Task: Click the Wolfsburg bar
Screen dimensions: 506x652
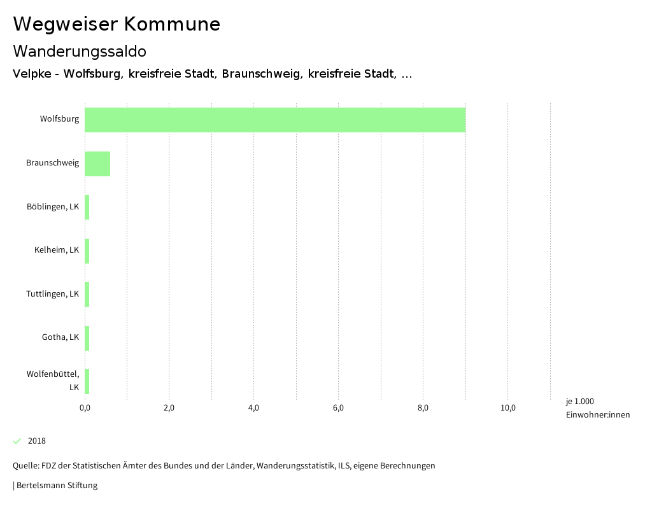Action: pos(275,120)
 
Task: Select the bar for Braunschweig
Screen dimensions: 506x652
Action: pos(97,164)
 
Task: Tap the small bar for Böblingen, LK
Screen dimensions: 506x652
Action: pos(87,207)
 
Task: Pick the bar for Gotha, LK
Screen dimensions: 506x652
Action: pos(87,338)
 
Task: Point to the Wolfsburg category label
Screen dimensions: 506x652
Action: pos(59,119)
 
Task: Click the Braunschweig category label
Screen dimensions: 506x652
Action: pos(53,163)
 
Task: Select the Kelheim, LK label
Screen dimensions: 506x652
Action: pos(57,250)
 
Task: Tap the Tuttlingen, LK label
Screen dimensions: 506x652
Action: pos(53,294)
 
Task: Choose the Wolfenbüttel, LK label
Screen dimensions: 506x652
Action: pos(53,380)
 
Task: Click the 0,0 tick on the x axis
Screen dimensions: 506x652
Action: pos(85,408)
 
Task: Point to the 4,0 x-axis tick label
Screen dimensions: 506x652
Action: pos(253,408)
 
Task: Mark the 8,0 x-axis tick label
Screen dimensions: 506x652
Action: pos(423,408)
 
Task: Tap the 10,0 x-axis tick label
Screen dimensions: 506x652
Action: pos(507,408)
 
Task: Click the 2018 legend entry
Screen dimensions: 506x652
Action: pos(37,441)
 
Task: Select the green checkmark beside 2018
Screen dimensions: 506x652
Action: pos(17,441)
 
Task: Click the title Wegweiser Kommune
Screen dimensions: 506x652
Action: pos(117,24)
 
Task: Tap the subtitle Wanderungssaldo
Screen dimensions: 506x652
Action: pos(80,51)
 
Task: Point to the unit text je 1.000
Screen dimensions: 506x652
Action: pos(579,402)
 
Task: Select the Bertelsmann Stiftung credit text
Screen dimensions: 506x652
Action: pos(57,486)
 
